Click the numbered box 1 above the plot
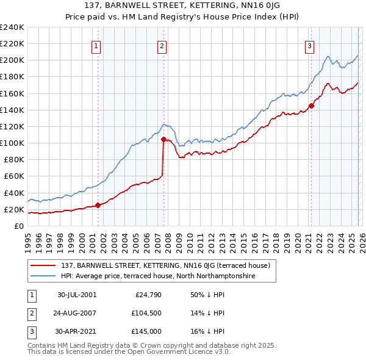[x=97, y=45]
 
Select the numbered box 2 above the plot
[x=162, y=45]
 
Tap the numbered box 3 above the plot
[x=310, y=45]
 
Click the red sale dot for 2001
[x=98, y=205]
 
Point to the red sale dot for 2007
[x=163, y=139]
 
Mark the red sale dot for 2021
[x=311, y=106]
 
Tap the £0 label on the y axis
[x=18, y=226]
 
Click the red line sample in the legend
[x=45, y=265]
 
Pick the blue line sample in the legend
[x=45, y=276]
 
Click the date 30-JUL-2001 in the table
[x=77, y=294]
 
